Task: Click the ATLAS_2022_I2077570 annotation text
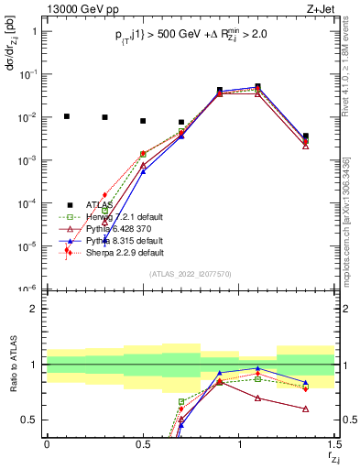[191, 274]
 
